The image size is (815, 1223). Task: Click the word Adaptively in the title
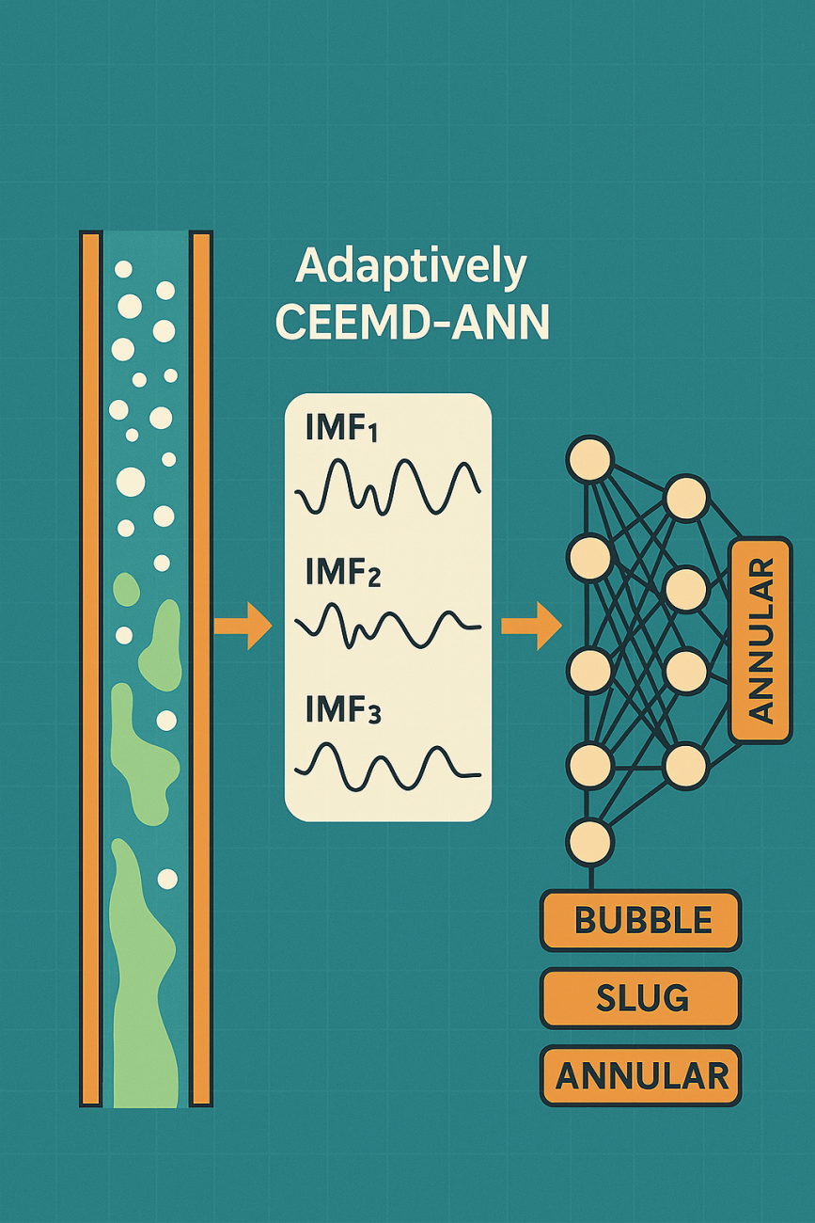point(411,268)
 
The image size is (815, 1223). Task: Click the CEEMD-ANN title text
point(413,323)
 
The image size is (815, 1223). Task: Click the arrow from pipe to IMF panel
point(243,626)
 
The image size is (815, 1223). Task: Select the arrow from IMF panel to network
point(531,626)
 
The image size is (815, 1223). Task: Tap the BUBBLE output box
point(641,920)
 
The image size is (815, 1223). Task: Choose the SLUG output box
point(641,997)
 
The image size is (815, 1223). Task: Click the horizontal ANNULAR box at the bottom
point(641,1074)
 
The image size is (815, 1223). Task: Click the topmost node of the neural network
point(589,460)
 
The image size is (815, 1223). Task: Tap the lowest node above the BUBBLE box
point(589,840)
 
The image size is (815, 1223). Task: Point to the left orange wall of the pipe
point(90,668)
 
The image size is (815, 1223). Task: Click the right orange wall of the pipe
point(201,668)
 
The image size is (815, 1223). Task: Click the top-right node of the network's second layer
point(686,499)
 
